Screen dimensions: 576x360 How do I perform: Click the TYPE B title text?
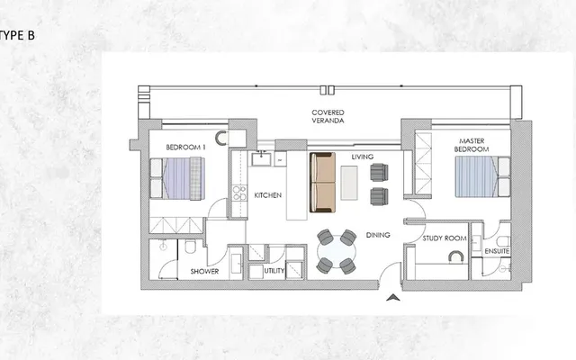tap(17, 35)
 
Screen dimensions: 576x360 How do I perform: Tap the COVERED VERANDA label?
tap(328, 116)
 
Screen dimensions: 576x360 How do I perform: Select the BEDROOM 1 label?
tap(185, 148)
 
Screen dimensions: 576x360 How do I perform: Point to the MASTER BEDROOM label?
tap(472, 145)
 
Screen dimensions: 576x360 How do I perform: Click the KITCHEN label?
tap(268, 195)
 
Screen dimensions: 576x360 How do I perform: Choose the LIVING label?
tap(362, 157)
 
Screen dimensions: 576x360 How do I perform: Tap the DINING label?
tap(378, 235)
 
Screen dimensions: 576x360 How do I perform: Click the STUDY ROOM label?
tap(445, 238)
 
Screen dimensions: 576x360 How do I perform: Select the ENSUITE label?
tap(497, 251)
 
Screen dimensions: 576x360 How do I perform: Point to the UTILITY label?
tap(274, 271)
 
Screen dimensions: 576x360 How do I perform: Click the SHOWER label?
tap(204, 272)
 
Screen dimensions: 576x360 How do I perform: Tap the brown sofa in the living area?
tap(322, 183)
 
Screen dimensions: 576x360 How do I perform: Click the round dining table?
tap(337, 252)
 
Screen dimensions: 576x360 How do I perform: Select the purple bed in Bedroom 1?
tap(177, 178)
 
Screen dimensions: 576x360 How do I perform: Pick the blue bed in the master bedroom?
tap(482, 176)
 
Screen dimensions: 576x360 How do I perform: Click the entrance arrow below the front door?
tap(393, 298)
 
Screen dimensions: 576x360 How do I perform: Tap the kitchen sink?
tap(261, 159)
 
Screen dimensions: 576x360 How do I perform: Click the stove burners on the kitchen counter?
tap(239, 193)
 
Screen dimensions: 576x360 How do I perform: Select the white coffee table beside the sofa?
tap(349, 183)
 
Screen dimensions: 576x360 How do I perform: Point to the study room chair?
tap(456, 256)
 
